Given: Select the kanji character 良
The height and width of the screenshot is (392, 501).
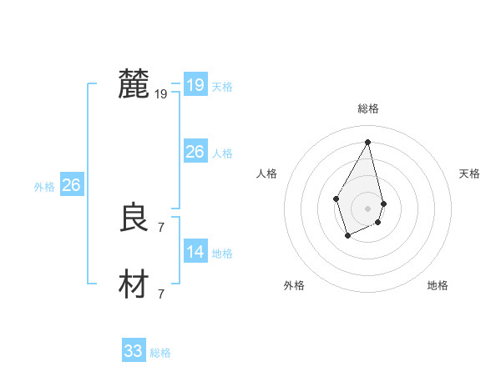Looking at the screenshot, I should click(x=134, y=219).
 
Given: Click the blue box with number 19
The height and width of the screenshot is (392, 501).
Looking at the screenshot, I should click(x=195, y=85).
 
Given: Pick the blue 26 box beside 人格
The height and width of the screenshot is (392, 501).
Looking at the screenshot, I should click(x=195, y=152).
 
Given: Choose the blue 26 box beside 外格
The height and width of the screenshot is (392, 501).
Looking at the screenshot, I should click(x=71, y=185).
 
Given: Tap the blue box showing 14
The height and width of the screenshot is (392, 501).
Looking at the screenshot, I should click(x=195, y=252).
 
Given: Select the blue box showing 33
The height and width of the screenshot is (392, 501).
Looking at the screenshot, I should click(x=134, y=351).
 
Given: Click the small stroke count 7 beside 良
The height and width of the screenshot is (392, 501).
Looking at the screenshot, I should click(x=161, y=227).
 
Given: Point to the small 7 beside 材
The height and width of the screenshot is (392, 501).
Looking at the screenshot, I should click(x=161, y=294).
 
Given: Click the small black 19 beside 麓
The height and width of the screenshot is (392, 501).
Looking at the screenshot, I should click(x=161, y=94).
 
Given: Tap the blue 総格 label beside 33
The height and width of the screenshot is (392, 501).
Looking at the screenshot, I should click(x=160, y=354).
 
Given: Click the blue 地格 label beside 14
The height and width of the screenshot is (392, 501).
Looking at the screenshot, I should click(x=222, y=254).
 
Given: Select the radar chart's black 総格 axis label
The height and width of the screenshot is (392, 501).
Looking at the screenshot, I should click(x=368, y=108).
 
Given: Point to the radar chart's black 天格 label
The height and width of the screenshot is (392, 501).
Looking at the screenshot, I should click(x=469, y=173).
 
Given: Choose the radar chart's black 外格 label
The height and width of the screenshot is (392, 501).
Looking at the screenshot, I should click(x=294, y=285).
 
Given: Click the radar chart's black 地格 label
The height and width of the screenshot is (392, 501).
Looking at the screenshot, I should click(x=438, y=285).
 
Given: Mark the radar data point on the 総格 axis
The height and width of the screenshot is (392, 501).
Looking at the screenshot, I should click(x=368, y=141).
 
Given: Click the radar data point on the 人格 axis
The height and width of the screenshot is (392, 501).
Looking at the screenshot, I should click(x=336, y=198).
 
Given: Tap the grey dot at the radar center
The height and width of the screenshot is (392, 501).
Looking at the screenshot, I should click(x=368, y=208).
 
